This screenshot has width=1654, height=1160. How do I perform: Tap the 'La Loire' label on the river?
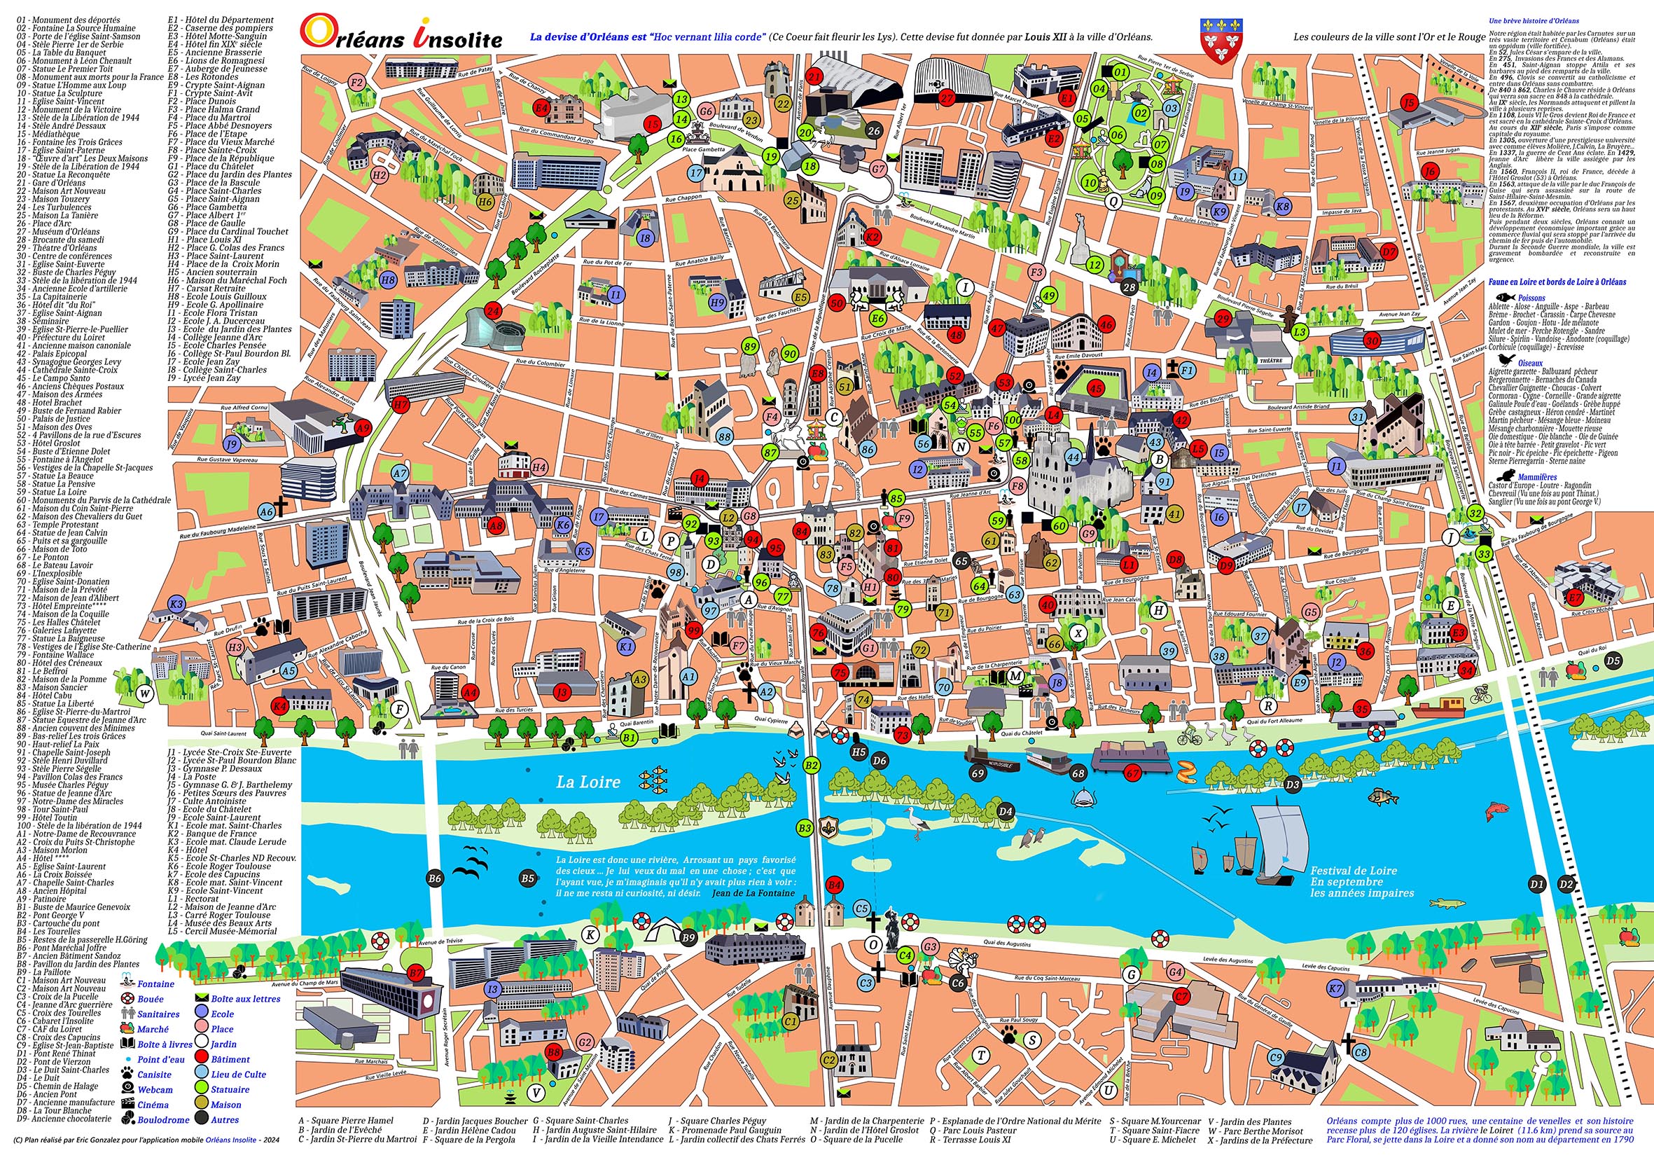coord(588,782)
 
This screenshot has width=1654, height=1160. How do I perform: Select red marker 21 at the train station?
coord(815,76)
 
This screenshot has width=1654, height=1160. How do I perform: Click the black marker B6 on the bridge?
coord(434,878)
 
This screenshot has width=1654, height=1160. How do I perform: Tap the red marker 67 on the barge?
coord(1132,773)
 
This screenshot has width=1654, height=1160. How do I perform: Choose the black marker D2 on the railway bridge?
coord(1566,884)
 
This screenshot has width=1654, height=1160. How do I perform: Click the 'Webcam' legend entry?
coord(155,1089)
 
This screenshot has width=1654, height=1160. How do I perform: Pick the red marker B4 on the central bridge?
coord(834,884)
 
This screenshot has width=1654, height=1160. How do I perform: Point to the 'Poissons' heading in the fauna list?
coord(1531,297)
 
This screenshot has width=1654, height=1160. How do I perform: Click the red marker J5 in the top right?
coord(1410,102)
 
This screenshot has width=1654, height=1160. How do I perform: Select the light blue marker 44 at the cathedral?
coord(1073,457)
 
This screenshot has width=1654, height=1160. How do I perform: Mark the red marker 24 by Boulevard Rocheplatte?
coord(493,311)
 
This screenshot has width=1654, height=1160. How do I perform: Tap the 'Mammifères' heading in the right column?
coord(1536,477)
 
